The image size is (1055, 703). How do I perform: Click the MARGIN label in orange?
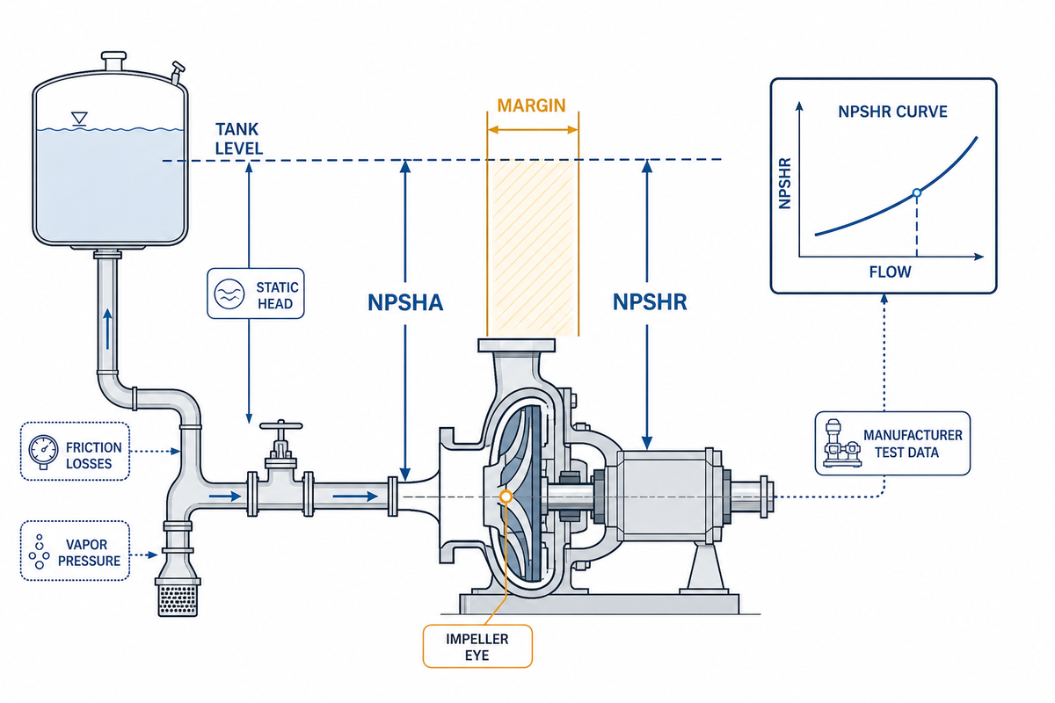pos(531,105)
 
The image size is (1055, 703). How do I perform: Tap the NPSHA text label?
pos(405,302)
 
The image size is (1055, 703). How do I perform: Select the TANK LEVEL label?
pos(238,139)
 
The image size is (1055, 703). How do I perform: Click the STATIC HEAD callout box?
pos(256,294)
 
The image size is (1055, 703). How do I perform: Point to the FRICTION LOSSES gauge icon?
pos(43,452)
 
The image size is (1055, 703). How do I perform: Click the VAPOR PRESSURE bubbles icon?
pos(39,551)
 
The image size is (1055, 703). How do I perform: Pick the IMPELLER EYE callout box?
pos(477,646)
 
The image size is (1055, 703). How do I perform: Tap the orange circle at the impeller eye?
pos(506,496)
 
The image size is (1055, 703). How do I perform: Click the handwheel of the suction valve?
pos(281,425)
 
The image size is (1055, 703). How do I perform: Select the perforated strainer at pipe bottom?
pos(178,600)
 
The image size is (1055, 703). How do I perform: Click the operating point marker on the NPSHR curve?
pos(916,192)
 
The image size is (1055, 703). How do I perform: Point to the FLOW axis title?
pos(890,272)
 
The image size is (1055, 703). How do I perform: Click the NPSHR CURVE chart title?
pos(892,112)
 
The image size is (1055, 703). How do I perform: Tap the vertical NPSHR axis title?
pos(784,184)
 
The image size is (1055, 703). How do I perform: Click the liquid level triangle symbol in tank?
pos(79,118)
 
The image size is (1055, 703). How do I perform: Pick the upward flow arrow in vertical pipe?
pos(108,329)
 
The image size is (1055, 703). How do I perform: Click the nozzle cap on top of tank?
pos(114,62)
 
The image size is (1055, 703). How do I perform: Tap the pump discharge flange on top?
pos(516,345)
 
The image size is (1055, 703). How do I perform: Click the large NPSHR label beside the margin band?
pos(650,302)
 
